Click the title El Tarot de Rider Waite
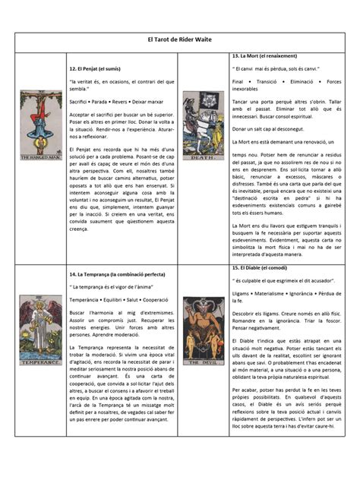pyautogui.click(x=179, y=39)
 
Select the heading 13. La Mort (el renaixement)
pyautogui.click(x=264, y=56)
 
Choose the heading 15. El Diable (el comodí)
pyautogui.click(x=261, y=268)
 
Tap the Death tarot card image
pyautogui.click(x=204, y=125)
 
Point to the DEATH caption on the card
pyautogui.click(x=204, y=156)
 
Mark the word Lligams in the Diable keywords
pyautogui.click(x=242, y=292)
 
